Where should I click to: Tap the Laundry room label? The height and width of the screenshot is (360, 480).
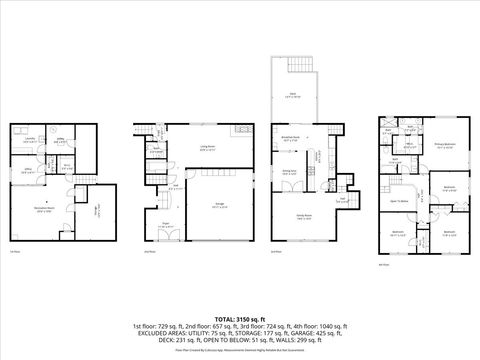click(x=31, y=140)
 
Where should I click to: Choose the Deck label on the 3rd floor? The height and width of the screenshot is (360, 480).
click(x=294, y=96)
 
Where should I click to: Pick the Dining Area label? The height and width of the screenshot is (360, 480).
click(x=289, y=173)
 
